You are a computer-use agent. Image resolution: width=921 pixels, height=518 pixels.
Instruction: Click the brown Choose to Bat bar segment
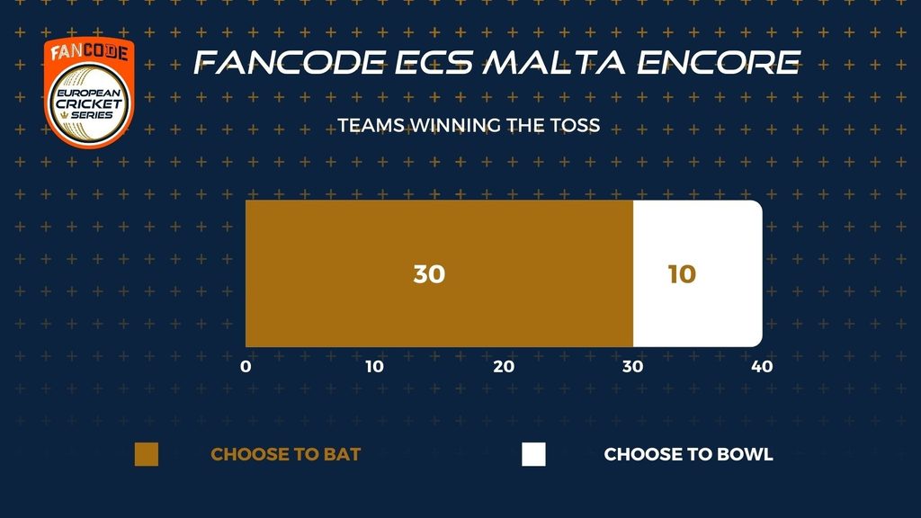[439, 273]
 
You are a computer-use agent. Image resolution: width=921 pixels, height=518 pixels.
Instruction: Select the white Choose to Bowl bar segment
[698, 273]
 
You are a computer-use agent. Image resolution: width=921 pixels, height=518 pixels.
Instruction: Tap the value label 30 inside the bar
[429, 274]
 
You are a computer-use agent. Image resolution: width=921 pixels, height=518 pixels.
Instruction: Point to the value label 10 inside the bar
[682, 274]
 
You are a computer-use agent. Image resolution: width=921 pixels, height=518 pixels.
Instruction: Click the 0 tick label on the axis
[246, 367]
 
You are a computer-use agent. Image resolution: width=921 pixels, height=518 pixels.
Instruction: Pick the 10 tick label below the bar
[375, 367]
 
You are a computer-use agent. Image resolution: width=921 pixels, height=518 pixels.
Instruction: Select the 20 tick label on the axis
[504, 367]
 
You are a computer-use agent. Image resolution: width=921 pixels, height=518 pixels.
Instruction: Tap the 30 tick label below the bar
[632, 367]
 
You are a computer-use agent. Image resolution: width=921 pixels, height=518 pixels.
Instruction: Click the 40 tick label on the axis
[763, 367]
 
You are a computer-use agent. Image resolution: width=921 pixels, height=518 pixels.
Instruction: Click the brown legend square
[147, 454]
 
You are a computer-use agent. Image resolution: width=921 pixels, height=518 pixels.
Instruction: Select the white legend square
[533, 454]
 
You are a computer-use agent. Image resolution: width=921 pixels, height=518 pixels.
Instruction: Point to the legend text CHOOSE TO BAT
[285, 454]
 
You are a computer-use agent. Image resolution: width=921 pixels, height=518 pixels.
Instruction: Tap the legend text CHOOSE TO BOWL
[688, 454]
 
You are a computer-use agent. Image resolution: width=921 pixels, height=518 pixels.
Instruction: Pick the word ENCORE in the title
[719, 62]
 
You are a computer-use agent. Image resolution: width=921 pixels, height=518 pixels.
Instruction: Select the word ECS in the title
[434, 62]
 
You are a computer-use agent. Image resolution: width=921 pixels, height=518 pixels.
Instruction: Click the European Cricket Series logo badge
[89, 93]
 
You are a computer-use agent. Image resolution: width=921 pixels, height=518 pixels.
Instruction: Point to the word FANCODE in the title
[290, 62]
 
